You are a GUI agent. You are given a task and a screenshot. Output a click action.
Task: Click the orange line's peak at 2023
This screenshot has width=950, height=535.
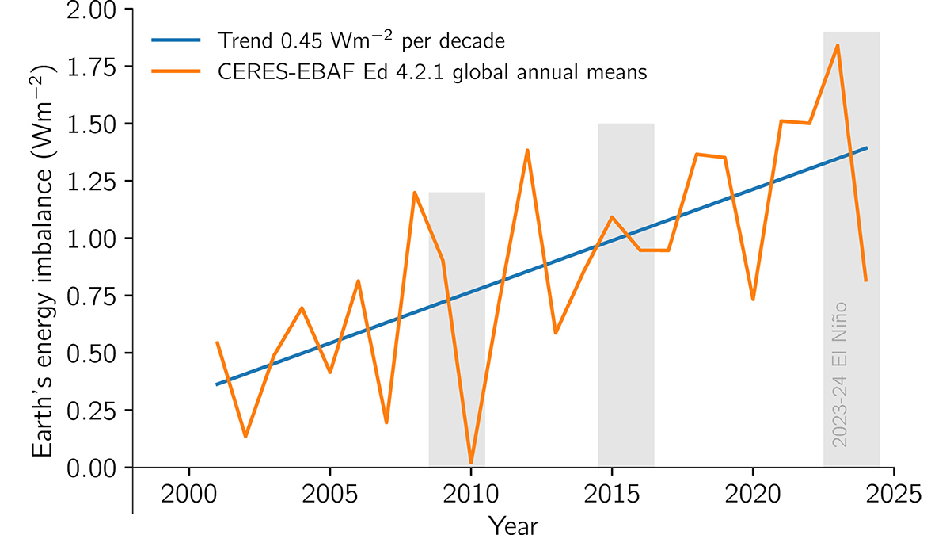[x=838, y=45]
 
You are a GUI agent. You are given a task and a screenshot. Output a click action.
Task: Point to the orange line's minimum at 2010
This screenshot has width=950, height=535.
[x=471, y=462]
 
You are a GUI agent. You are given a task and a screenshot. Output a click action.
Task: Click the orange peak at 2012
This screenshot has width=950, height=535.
[x=527, y=150]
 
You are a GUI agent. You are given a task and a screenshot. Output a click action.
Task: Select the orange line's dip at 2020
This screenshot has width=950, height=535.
[x=753, y=299]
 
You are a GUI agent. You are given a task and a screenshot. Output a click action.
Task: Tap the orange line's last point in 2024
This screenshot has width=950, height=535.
[x=865, y=281]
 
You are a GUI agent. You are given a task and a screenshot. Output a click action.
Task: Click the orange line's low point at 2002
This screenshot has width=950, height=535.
[x=245, y=436]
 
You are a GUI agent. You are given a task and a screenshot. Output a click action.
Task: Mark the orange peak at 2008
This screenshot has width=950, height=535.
[x=415, y=193]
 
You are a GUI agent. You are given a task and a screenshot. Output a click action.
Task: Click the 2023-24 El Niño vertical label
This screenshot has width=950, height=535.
[x=840, y=373]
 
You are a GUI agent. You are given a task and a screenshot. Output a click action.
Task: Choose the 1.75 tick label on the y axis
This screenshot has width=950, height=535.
[x=92, y=67]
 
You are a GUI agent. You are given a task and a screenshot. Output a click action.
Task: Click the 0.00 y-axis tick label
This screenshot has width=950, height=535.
[x=92, y=467]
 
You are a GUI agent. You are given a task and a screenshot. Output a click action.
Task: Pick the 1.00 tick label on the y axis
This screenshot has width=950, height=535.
[x=92, y=239]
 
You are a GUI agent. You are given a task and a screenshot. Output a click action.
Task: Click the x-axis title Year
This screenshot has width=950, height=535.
[x=513, y=524]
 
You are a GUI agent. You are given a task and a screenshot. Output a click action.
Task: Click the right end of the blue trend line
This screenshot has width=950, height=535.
[x=866, y=148]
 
